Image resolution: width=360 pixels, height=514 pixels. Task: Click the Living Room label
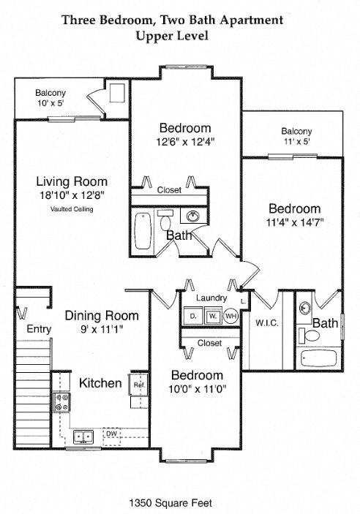tap(72, 181)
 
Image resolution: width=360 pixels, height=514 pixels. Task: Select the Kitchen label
tap(100, 382)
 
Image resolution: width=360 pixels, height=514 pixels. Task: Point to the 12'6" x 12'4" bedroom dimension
tap(185, 142)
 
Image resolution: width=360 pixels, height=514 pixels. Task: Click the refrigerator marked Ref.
tap(137, 383)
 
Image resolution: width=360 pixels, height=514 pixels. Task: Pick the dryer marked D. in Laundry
tap(193, 316)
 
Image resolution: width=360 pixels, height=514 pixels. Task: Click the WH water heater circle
tap(230, 316)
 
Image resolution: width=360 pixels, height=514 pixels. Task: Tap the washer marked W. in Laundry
tap(212, 316)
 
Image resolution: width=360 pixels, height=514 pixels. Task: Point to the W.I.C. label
tap(266, 322)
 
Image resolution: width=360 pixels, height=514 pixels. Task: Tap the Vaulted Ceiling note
tap(72, 209)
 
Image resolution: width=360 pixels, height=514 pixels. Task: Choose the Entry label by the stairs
tap(39, 329)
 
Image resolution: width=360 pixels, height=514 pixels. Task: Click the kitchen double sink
tap(83, 436)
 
